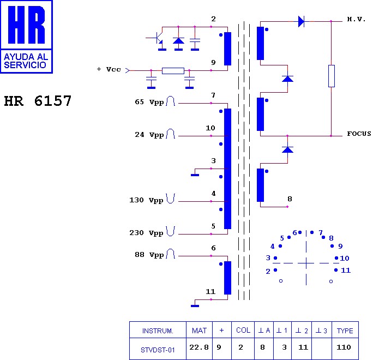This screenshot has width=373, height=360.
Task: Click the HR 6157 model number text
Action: point(38,101)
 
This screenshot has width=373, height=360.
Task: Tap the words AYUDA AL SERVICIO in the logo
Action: point(26,61)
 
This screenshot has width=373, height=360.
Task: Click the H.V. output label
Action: point(356,19)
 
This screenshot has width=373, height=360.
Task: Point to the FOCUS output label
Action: point(359,134)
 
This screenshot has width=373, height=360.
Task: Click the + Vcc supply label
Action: point(109,69)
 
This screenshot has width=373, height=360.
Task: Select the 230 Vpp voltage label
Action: point(147,233)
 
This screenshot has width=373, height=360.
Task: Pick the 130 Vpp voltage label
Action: point(147,200)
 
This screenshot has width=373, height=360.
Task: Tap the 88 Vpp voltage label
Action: point(149,255)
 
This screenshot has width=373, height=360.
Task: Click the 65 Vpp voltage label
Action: point(149,102)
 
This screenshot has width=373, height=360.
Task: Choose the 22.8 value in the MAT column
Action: point(199,347)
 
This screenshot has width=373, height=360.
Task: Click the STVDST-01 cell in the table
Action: point(158,350)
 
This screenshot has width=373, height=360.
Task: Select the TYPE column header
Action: point(345,331)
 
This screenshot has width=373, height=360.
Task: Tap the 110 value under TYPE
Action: point(344,347)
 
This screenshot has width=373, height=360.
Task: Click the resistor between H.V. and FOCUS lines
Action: point(332,76)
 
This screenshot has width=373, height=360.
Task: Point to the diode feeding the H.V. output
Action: point(302,21)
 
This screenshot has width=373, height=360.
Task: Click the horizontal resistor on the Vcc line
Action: point(173,71)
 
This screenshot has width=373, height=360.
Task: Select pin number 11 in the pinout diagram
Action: point(346,271)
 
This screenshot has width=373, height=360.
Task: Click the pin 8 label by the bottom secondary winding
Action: point(290,199)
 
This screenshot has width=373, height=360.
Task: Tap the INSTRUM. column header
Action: point(158,331)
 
